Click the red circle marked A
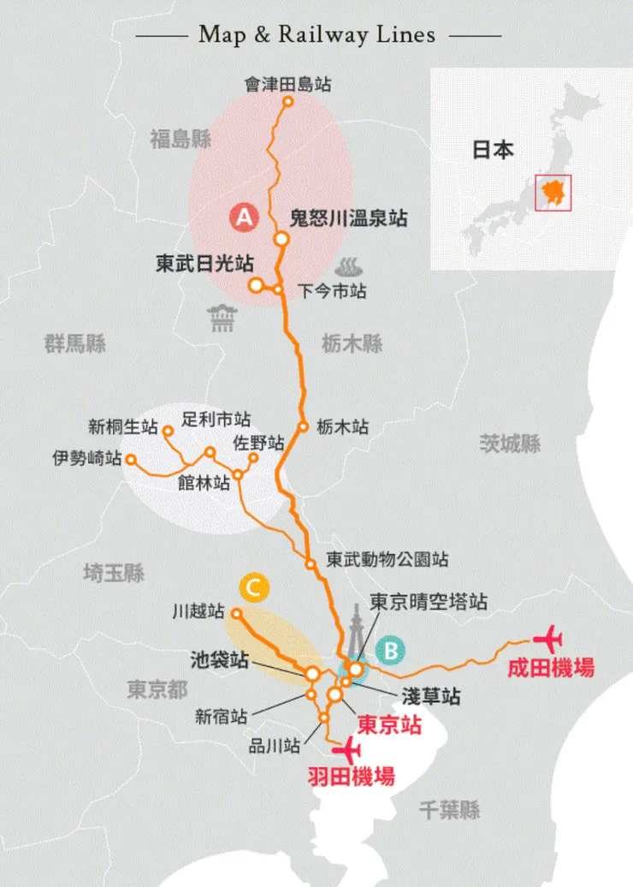[244, 218]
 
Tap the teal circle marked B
[390, 651]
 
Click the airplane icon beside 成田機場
[547, 639]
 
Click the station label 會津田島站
[287, 84]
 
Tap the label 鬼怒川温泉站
[348, 218]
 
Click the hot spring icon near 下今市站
[348, 265]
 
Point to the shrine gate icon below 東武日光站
[222, 318]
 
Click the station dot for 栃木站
[303, 426]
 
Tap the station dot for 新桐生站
[168, 432]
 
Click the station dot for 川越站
[237, 613]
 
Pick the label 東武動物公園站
[387, 560]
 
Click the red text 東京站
[389, 724]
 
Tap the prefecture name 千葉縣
[450, 810]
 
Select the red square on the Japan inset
[553, 192]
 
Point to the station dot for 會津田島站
[288, 101]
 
